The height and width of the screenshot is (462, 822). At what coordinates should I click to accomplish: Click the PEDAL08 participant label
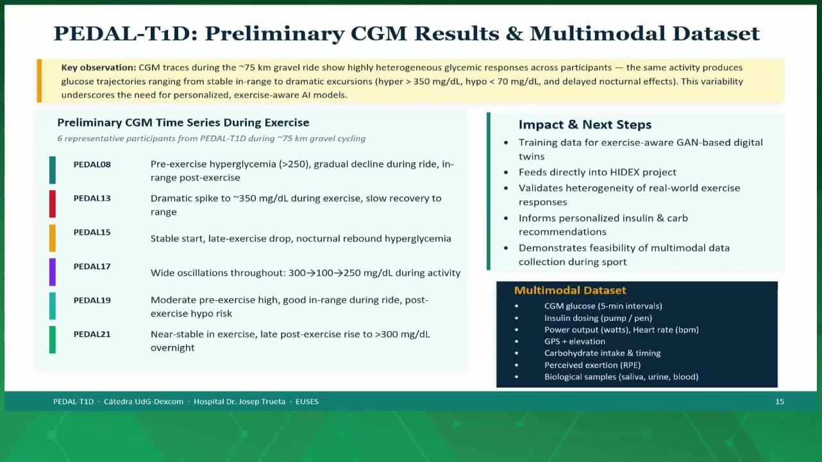pos(92,164)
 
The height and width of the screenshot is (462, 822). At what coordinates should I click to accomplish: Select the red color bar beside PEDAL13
pos(53,204)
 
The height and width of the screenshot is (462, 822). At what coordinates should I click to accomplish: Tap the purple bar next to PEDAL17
pos(53,272)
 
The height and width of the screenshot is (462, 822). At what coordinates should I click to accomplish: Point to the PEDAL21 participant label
pos(92,334)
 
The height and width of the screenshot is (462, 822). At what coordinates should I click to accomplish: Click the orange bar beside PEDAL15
pos(53,238)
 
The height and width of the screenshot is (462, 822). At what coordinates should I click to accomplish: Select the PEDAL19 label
pos(92,300)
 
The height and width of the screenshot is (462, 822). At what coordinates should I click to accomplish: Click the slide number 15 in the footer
pos(780,402)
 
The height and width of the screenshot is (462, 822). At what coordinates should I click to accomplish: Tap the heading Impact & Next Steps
pos(585,125)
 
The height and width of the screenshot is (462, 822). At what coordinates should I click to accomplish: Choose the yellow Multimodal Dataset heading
pos(570,291)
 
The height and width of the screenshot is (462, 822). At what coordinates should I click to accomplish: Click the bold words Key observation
pos(99,67)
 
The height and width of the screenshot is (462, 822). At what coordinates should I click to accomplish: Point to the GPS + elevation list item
pos(575,341)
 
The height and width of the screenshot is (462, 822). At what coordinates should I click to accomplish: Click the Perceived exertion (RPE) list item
pos(592,365)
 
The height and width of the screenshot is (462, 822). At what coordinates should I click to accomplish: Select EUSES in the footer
pos(306,402)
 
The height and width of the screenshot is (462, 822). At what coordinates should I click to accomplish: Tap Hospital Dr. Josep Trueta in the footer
pos(239,402)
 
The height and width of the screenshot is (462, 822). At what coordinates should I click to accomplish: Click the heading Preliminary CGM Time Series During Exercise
pos(183,123)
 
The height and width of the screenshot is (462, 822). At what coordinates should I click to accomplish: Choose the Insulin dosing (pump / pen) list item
pos(598,318)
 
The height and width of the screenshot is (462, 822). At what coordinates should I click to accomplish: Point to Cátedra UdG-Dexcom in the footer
pos(144,402)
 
